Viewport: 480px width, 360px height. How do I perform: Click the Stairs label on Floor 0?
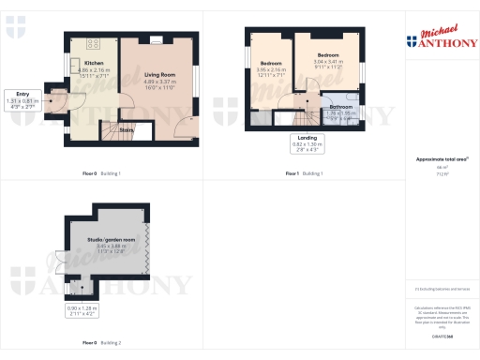pyautogui.click(x=126, y=130)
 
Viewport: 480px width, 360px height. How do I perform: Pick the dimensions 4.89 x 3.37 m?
pyautogui.click(x=159, y=82)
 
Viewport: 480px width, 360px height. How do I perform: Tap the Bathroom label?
pyautogui.click(x=341, y=107)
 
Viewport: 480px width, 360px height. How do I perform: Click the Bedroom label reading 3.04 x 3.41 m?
pyautogui.click(x=327, y=56)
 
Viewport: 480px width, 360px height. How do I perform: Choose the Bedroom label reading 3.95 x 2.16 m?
pyautogui.click(x=272, y=64)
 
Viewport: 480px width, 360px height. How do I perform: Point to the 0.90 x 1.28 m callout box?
pyautogui.click(x=83, y=310)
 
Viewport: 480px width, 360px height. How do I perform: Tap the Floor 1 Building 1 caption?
pyautogui.click(x=306, y=173)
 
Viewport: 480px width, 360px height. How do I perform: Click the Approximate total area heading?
pyautogui.click(x=440, y=159)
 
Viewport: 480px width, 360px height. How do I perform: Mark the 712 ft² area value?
pyautogui.click(x=440, y=174)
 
